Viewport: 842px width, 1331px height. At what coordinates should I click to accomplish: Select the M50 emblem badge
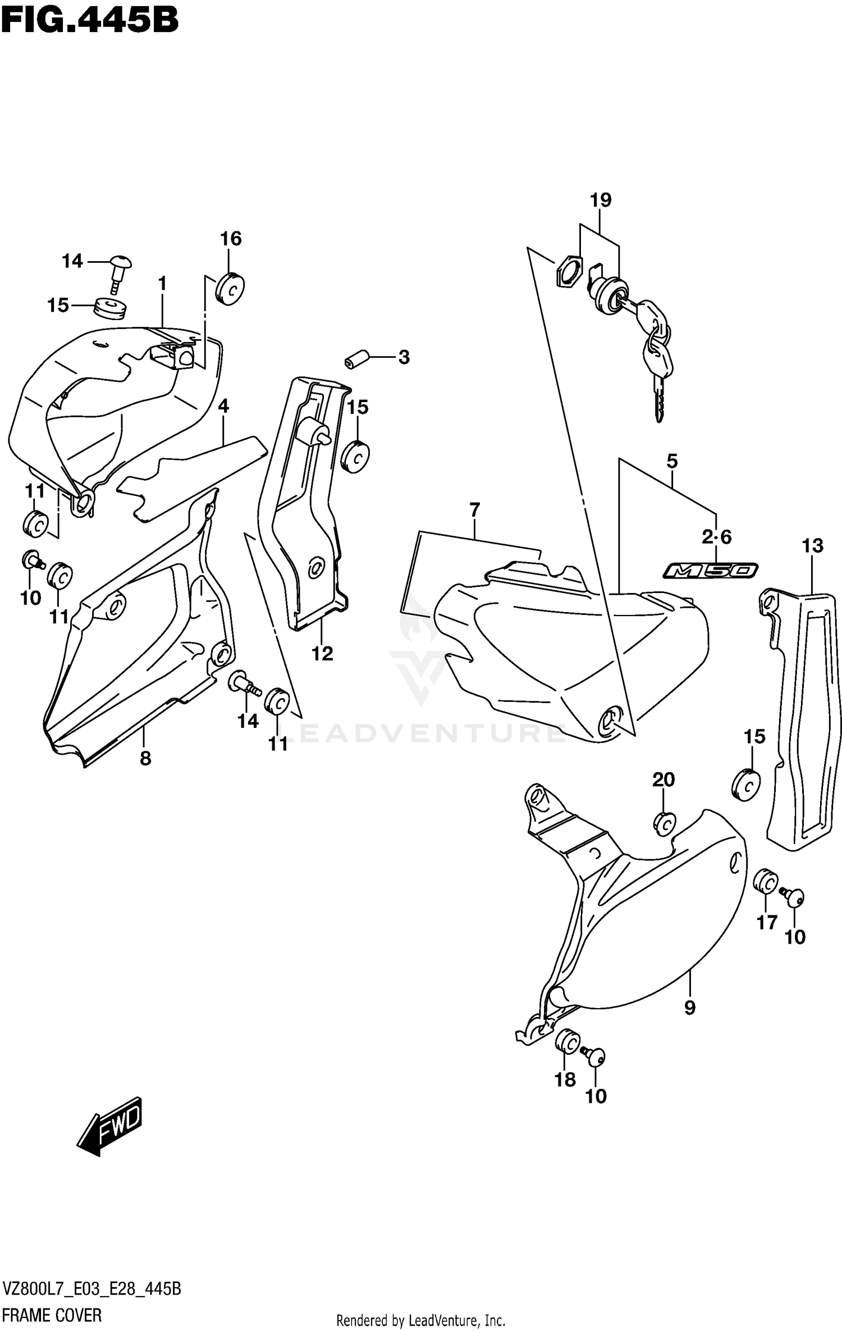[x=710, y=571]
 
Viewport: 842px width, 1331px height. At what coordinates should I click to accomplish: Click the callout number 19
[x=600, y=200]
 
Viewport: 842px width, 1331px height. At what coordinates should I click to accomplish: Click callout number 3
[x=404, y=357]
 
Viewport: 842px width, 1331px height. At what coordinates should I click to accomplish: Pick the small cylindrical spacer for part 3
[x=356, y=360]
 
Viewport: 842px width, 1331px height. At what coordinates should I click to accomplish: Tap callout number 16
[x=231, y=239]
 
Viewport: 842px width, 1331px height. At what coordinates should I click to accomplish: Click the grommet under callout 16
[x=230, y=289]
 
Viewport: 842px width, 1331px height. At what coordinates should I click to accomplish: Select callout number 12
[x=323, y=654]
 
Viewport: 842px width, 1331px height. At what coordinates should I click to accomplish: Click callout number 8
[x=145, y=759]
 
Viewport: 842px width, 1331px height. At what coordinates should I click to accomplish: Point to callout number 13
[x=812, y=545]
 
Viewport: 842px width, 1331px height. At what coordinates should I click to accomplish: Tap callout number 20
[x=663, y=780]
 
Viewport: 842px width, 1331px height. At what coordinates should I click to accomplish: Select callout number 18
[x=565, y=1079]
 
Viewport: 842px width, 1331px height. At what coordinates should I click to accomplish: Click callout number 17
[x=767, y=922]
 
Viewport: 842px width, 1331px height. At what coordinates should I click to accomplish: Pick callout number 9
[x=690, y=1008]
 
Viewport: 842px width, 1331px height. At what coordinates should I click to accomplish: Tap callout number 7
[x=474, y=510]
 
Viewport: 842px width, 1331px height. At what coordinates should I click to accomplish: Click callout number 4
[x=223, y=406]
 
